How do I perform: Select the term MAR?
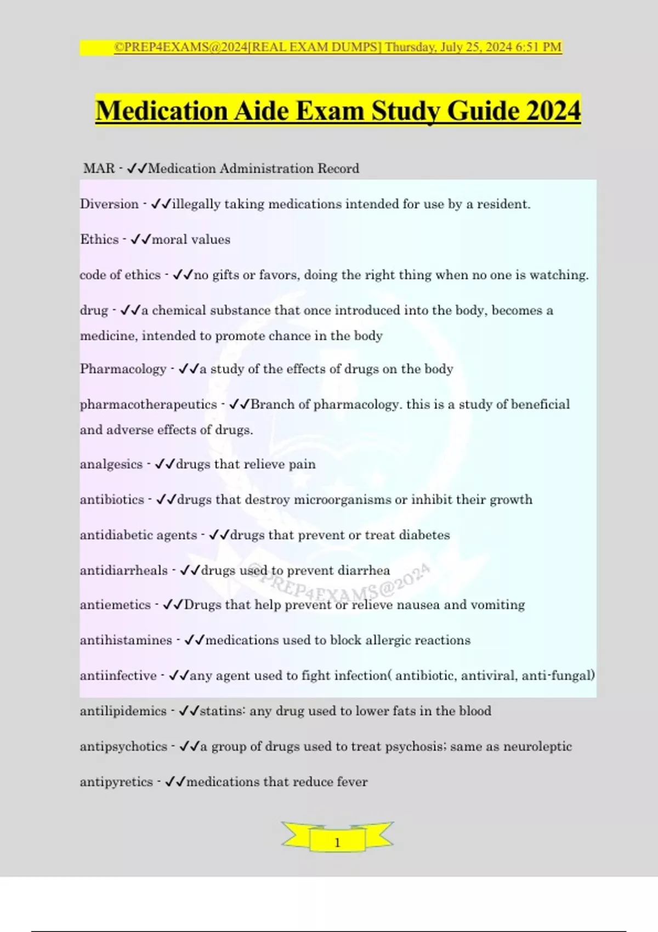[99, 168]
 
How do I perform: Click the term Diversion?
[109, 204]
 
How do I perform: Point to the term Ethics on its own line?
[99, 240]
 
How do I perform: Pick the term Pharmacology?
[123, 369]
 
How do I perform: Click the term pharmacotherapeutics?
[148, 405]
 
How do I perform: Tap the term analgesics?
[111, 464]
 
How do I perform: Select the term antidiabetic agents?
[138, 535]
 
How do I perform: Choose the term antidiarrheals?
[123, 571]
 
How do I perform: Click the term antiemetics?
[115, 605]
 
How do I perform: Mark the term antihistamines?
[126, 640]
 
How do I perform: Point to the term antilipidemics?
[123, 711]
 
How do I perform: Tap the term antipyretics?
[116, 782]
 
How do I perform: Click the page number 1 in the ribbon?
[337, 842]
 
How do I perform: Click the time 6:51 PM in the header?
[538, 47]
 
